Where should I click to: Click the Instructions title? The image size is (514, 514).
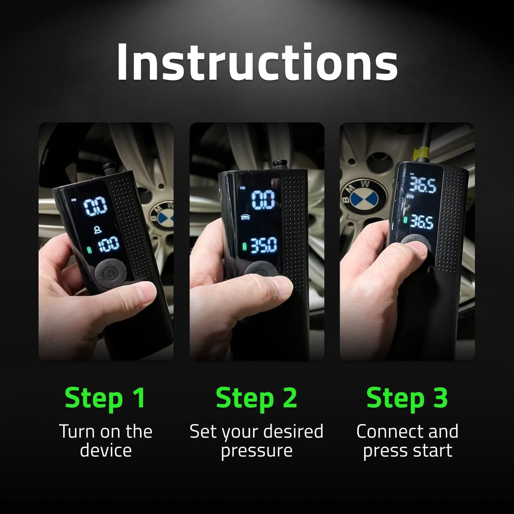click(x=257, y=62)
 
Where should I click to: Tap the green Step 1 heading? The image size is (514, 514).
click(x=105, y=397)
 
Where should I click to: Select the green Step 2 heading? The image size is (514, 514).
click(x=256, y=397)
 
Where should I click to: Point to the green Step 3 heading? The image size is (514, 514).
click(x=407, y=397)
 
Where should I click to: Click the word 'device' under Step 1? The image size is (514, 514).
click(x=105, y=451)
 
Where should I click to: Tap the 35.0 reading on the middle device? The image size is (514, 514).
click(x=263, y=246)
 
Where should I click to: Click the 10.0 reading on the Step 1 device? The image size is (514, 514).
click(x=109, y=245)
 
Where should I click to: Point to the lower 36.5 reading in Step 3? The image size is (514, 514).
click(x=422, y=221)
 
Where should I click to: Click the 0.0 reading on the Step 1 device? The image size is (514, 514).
click(x=95, y=207)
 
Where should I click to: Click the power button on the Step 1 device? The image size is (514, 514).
click(x=111, y=273)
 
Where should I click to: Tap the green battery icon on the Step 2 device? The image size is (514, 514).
click(x=245, y=247)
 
